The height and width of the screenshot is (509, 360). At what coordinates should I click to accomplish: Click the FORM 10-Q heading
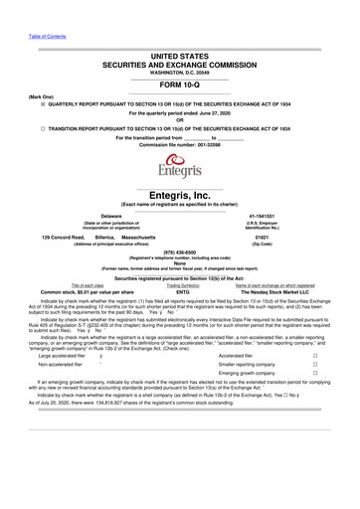(180, 84)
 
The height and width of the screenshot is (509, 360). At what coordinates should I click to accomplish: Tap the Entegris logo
(180, 165)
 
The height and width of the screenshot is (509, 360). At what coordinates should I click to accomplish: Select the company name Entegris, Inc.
(180, 195)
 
